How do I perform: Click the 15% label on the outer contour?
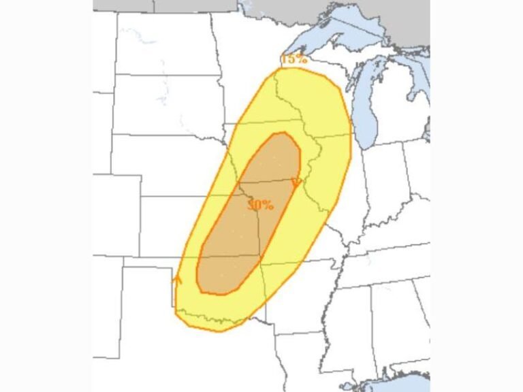(x=295, y=59)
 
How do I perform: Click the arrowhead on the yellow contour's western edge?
(x=178, y=279)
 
